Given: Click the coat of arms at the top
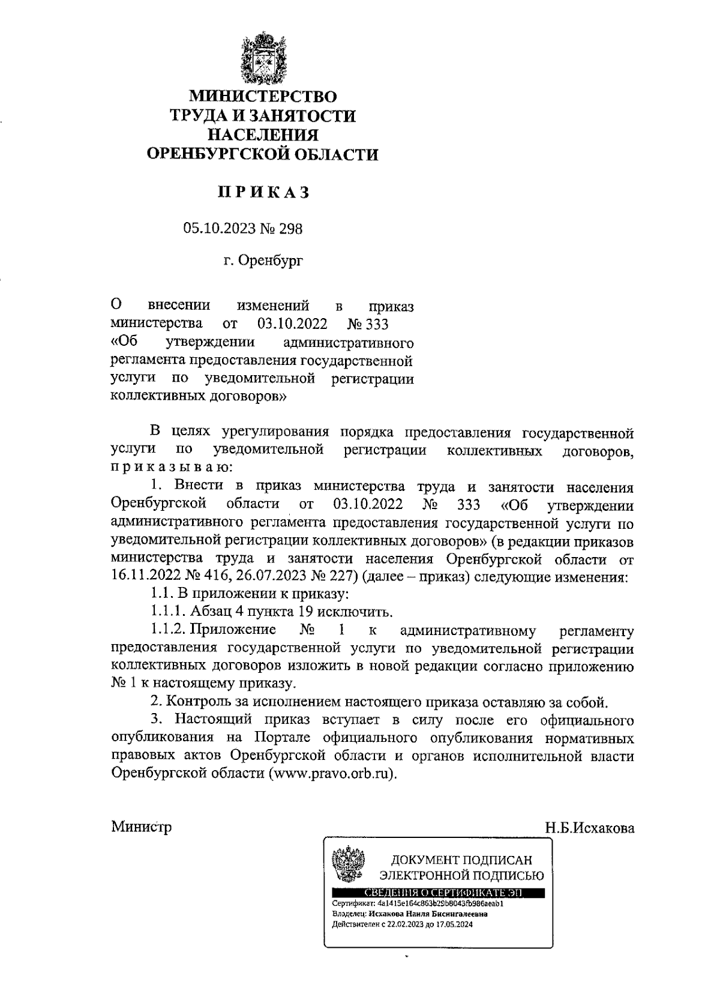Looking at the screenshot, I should click(262, 60).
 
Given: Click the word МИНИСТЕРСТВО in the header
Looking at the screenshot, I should click(263, 96).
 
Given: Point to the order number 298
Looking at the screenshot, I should click(291, 229).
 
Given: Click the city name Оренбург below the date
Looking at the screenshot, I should click(271, 261).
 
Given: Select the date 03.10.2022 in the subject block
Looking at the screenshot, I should click(292, 325).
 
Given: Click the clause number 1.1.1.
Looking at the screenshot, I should click(168, 612).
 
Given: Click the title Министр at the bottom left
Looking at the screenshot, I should click(142, 827).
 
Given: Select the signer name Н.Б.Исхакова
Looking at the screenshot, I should click(589, 828).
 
